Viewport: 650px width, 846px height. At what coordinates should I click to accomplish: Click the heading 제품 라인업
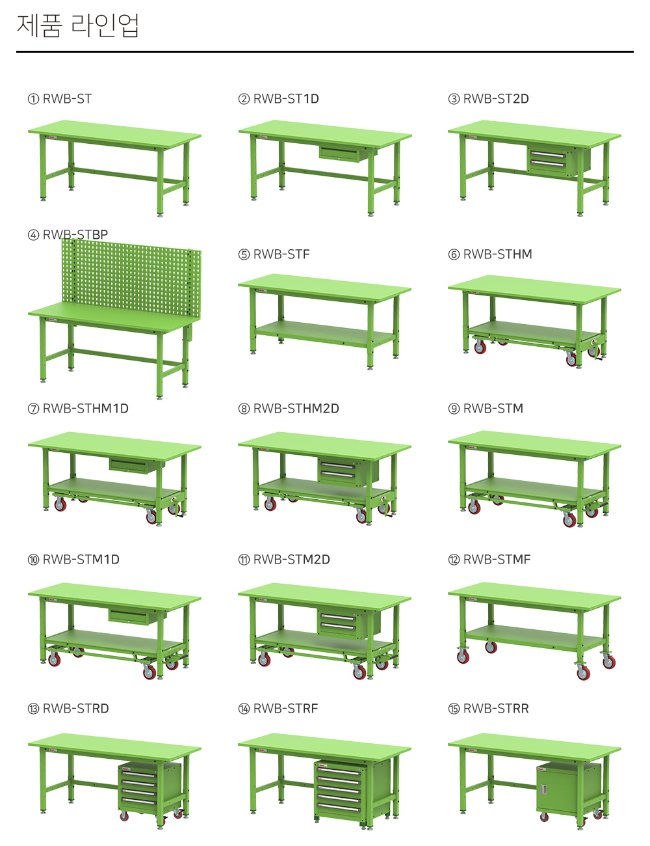point(78,25)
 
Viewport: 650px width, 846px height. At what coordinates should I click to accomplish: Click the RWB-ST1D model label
point(286,99)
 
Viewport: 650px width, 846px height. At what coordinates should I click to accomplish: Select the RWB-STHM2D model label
point(296,409)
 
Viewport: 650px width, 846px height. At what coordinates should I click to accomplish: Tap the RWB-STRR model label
point(496,708)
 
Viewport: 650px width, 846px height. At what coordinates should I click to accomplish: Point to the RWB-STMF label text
point(497,560)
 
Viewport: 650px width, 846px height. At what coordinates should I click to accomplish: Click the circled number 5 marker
point(244,254)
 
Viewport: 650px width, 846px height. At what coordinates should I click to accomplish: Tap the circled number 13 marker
point(33,709)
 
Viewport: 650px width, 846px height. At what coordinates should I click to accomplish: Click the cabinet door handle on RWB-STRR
point(543,789)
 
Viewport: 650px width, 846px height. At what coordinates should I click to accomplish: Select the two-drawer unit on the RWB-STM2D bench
point(348,624)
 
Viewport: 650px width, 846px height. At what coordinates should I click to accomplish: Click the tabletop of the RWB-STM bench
point(534,444)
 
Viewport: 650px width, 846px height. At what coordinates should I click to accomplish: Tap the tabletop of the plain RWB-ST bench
point(114,134)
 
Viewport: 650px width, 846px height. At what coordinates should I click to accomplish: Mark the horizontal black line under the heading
point(325,51)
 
